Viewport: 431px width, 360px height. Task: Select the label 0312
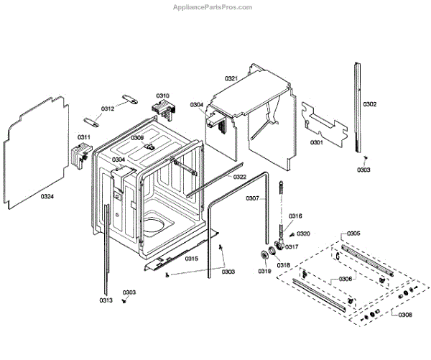107,109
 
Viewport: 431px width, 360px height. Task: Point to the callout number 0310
162,96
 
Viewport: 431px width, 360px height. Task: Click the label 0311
84,137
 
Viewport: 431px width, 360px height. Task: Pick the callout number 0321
231,78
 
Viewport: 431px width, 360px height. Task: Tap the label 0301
316,142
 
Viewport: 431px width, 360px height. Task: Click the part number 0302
369,105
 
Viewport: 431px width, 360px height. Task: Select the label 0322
239,177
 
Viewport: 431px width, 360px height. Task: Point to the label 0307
252,198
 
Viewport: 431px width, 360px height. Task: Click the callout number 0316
295,216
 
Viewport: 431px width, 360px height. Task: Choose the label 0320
303,234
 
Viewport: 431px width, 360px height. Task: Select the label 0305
353,234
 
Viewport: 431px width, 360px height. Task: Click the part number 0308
405,314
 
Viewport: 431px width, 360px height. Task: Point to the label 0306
345,280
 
